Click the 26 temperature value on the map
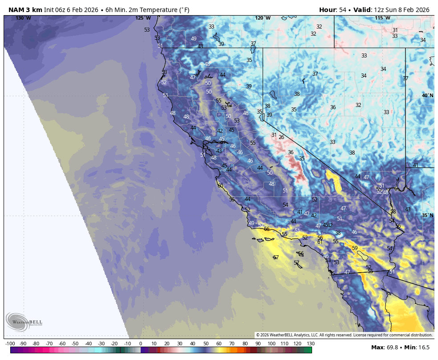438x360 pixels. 281,137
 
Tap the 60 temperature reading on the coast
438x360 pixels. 220,186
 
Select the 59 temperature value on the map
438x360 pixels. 355,248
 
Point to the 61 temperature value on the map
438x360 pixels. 320,242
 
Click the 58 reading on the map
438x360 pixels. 393,212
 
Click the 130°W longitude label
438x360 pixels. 23,18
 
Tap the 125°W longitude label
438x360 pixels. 143,18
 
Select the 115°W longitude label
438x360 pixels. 382,18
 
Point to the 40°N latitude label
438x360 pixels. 427,96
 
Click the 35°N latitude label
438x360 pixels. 427,216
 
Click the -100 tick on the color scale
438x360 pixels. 10,344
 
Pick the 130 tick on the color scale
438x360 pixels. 311,344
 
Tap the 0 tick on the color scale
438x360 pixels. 141,344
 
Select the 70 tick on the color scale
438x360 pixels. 232,344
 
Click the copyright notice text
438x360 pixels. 344,335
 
